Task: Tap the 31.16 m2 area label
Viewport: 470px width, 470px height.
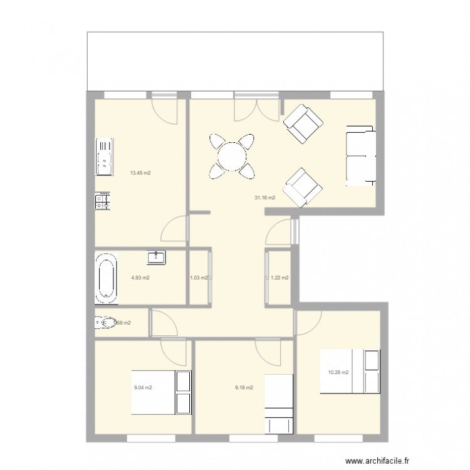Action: click(x=264, y=198)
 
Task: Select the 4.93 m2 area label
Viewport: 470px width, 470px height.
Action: click(x=140, y=278)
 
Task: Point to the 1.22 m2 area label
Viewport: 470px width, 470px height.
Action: click(x=279, y=278)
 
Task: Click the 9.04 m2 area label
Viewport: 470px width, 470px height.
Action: click(x=143, y=387)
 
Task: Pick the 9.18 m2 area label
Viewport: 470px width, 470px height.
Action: click(x=244, y=387)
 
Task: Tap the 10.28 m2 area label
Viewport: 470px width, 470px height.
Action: click(x=338, y=373)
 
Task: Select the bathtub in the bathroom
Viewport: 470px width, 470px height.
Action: click(x=106, y=276)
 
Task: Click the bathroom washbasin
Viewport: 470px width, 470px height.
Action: click(x=156, y=257)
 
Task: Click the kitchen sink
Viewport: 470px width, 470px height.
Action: click(x=103, y=157)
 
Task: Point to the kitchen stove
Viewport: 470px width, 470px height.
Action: click(x=102, y=201)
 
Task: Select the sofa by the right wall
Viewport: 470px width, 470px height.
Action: click(x=360, y=155)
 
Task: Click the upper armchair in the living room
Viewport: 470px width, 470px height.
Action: click(x=302, y=123)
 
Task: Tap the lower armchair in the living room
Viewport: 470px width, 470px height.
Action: click(x=302, y=187)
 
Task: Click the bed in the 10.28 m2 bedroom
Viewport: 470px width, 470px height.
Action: click(x=350, y=372)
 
